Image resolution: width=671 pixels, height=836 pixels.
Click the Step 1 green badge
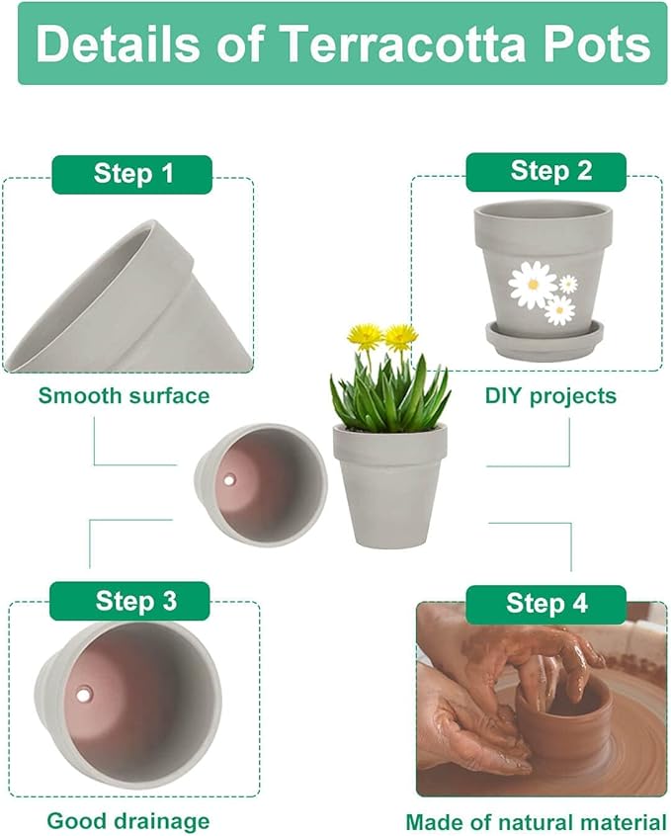pyautogui.click(x=132, y=174)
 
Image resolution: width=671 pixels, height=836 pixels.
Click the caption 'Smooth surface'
pyautogui.click(x=124, y=396)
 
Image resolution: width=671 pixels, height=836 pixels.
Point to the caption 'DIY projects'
pyautogui.click(x=550, y=396)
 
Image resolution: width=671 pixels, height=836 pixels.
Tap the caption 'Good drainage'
pyautogui.click(x=128, y=820)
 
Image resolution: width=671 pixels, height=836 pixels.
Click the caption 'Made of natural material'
pyautogui.click(x=536, y=821)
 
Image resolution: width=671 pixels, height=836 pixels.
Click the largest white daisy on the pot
pyautogui.click(x=532, y=285)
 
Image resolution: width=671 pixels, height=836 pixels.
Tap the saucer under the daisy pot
pyautogui.click(x=545, y=341)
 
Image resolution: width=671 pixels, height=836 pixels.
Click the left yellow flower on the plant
pyautogui.click(x=366, y=336)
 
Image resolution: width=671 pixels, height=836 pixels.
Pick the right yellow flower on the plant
pyautogui.click(x=401, y=337)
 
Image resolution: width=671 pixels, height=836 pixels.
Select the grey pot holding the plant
pyautogui.click(x=388, y=484)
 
